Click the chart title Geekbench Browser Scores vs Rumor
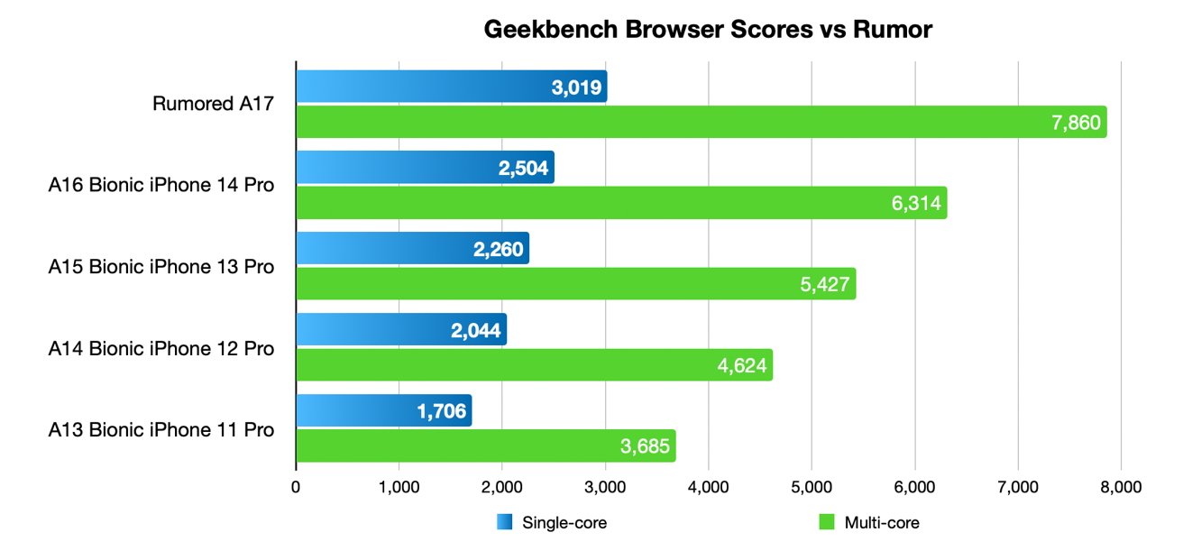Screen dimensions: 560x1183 tap(707, 30)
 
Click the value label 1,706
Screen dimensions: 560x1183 tap(441, 411)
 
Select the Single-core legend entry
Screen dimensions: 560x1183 tap(552, 522)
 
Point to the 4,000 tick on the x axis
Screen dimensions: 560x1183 tap(708, 488)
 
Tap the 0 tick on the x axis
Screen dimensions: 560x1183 tap(296, 488)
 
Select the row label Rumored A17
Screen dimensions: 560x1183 tap(213, 105)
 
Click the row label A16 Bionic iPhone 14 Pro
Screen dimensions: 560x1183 tap(160, 186)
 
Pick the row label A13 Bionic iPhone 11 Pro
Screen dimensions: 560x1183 tap(160, 428)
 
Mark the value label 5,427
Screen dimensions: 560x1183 tap(823, 284)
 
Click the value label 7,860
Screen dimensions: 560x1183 tap(1076, 123)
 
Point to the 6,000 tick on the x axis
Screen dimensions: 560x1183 tap(914, 488)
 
